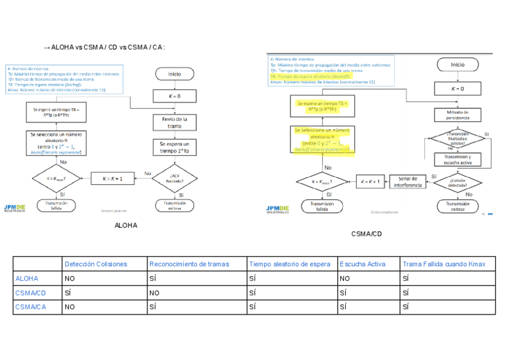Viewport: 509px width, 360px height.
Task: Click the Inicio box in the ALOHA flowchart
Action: pyautogui.click(x=174, y=74)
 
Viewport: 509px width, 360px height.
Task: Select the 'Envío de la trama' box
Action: pyautogui.click(x=174, y=122)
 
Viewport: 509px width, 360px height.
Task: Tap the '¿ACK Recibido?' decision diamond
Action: pyautogui.click(x=174, y=178)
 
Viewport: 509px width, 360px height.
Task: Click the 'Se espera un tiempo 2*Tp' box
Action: pyautogui.click(x=174, y=148)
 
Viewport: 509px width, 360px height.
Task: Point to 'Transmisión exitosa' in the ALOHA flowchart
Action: pyautogui.click(x=174, y=206)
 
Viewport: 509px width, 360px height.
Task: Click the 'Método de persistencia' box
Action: pyautogui.click(x=457, y=115)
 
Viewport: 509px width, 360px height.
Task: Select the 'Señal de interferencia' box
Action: pyautogui.click(x=408, y=181)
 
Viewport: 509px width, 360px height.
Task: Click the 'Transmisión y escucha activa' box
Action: pyautogui.click(x=457, y=159)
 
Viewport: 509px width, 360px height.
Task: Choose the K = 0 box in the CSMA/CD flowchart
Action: pyautogui.click(x=457, y=89)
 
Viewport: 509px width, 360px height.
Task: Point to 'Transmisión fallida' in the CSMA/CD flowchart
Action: pyautogui.click(x=322, y=206)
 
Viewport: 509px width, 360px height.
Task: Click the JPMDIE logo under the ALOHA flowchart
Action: pyautogui.click(x=15, y=208)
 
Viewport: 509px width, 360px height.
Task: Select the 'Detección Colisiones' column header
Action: pyautogui.click(x=96, y=264)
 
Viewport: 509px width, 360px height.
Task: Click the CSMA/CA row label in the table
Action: pyautogui.click(x=30, y=307)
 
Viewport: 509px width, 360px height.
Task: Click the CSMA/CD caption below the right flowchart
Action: pyautogui.click(x=366, y=234)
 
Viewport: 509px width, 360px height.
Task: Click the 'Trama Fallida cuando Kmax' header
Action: pyautogui.click(x=444, y=264)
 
